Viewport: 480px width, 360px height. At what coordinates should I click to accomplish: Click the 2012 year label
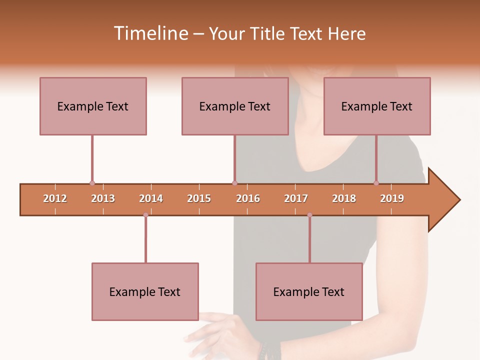(x=55, y=198)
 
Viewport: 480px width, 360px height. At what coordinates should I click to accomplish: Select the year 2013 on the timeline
(x=103, y=198)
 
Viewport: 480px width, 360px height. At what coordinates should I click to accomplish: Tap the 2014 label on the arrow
(x=151, y=198)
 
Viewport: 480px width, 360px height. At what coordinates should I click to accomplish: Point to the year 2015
(x=199, y=198)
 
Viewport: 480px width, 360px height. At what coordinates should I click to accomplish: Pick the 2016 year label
(x=248, y=198)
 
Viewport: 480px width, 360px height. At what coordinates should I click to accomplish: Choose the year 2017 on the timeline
(x=296, y=198)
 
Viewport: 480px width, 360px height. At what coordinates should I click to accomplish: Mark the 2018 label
(x=344, y=198)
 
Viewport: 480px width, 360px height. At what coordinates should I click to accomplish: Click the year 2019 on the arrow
(x=392, y=198)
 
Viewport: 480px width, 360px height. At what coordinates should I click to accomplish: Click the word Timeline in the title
(x=150, y=33)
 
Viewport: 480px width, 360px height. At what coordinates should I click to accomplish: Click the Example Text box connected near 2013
(x=93, y=106)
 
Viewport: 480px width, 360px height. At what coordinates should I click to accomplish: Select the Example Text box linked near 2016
(x=235, y=106)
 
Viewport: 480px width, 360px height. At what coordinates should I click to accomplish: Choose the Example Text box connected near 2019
(x=377, y=106)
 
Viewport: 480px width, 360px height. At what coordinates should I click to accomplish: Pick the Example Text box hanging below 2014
(x=145, y=291)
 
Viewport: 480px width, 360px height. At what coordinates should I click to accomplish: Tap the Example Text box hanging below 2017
(x=309, y=291)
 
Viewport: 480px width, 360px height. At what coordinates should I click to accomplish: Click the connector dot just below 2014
(x=145, y=215)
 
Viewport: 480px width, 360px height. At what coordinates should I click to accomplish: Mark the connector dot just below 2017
(x=309, y=215)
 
